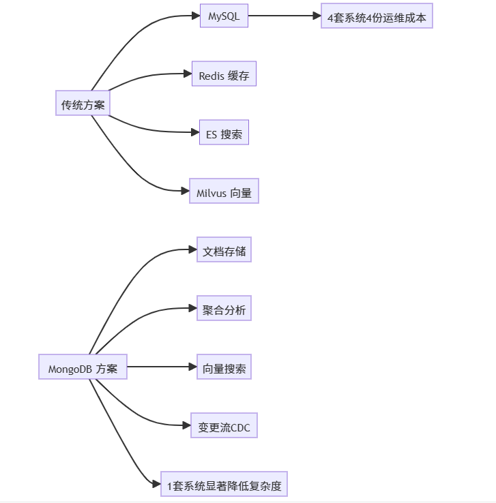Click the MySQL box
coord(224,16)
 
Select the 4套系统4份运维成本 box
coord(377,18)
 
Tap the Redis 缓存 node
coord(224,76)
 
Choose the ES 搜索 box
coord(224,134)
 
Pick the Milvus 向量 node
coord(224,193)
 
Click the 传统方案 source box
coord(83,105)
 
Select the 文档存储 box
coord(224,251)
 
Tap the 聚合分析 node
coord(224,310)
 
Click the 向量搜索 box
coord(224,369)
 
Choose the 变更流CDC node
coord(224,427)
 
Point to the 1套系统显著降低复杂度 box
coord(224,486)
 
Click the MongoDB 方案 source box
coord(83,369)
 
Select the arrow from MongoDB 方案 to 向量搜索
coord(161,367)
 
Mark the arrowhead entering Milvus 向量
coord(184,192)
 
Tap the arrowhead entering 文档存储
coord(192,250)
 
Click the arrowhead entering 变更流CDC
coord(186,425)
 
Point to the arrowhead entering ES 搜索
coord(194,133)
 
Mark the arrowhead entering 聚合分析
coord(192,309)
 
